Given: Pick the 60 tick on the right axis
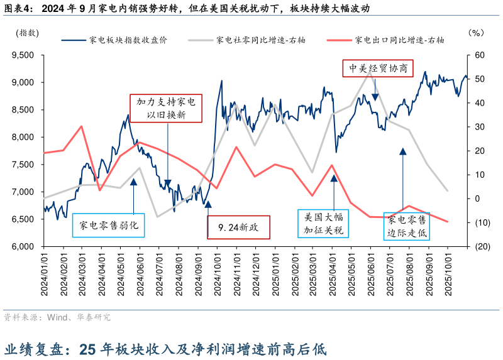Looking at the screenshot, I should click(x=479, y=55).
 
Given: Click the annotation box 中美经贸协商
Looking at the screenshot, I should click(x=377, y=68).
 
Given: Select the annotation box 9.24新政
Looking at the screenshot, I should click(x=238, y=227).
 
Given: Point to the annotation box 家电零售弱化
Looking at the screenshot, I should click(x=109, y=225).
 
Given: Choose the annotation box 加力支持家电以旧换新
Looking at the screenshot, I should click(x=166, y=107).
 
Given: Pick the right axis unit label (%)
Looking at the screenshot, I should click(x=476, y=33).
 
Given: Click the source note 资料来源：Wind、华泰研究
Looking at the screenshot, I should click(x=57, y=317).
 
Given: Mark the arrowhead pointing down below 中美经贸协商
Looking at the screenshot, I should click(x=375, y=96).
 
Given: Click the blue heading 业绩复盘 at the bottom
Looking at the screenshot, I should click(x=38, y=348).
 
